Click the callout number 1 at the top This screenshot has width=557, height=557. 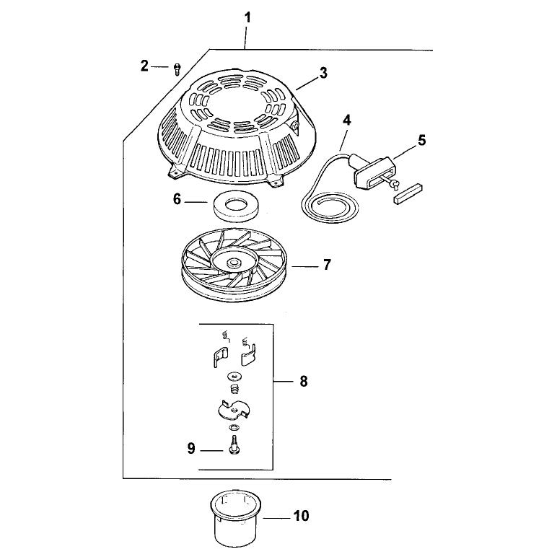pyautogui.click(x=247, y=18)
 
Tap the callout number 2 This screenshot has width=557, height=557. pyautogui.click(x=144, y=66)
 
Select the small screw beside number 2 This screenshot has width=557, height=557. pyautogui.click(x=177, y=69)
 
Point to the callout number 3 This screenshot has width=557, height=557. pyautogui.click(x=323, y=73)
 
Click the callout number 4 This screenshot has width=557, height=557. pyautogui.click(x=347, y=120)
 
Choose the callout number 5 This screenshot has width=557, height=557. pyautogui.click(x=421, y=140)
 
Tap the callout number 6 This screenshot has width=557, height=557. pyautogui.click(x=177, y=199)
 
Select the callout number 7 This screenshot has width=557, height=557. pyautogui.click(x=327, y=265)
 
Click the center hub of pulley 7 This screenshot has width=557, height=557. pyautogui.click(x=234, y=263)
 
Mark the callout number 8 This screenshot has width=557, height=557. pyautogui.click(x=303, y=382)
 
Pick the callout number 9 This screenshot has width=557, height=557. pyautogui.click(x=191, y=449)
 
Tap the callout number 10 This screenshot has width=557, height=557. pyautogui.click(x=302, y=516)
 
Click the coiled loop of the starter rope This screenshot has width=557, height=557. pyautogui.click(x=329, y=209)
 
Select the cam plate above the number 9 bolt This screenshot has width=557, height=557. pyautogui.click(x=233, y=411)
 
